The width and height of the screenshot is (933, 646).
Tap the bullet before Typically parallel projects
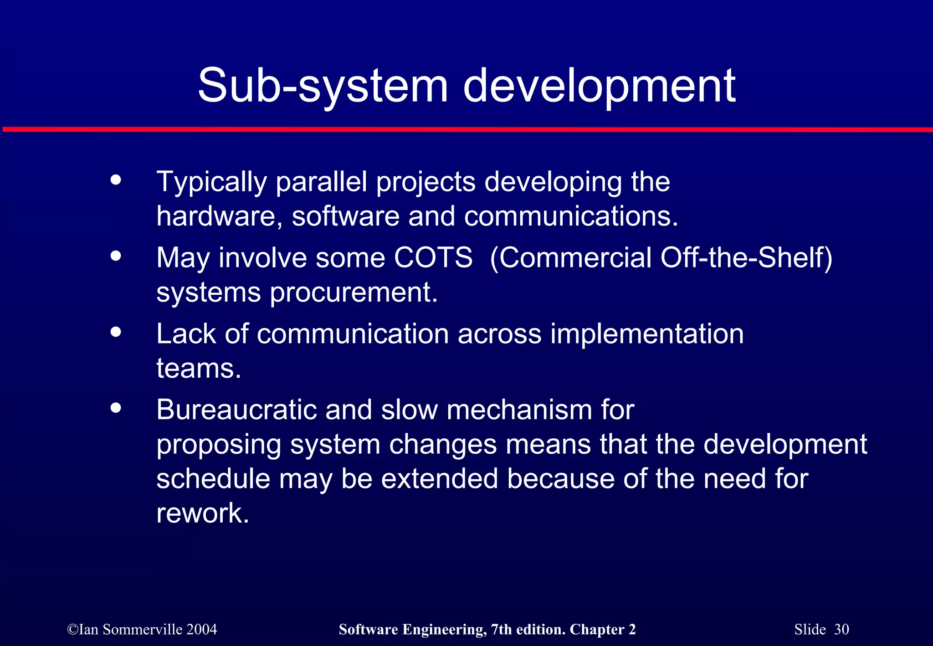coord(116,179)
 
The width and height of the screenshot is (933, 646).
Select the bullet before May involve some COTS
coord(116,256)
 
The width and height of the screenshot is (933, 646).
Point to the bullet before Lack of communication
coord(116,332)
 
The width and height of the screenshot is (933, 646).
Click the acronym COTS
coord(433,257)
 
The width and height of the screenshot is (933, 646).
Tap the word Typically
coord(211,182)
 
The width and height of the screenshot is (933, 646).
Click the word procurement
coord(354,292)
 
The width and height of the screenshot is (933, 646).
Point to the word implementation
coord(647,333)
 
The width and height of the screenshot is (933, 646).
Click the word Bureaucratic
coord(236,410)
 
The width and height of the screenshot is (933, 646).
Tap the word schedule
coord(213,479)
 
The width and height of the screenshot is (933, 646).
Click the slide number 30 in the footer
coord(841,629)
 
